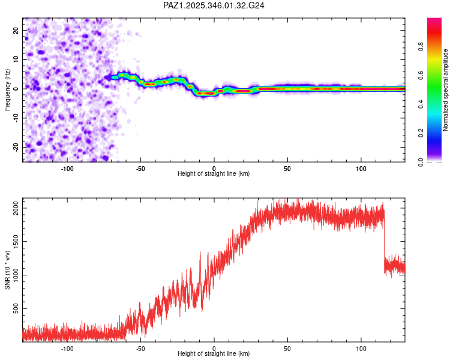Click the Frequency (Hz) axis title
click(7, 90)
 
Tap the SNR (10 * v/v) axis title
click(7, 270)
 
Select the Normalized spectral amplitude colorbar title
click(446, 90)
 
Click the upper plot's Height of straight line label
click(214, 173)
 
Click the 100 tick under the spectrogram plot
click(361, 168)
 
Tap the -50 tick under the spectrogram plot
click(140, 168)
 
